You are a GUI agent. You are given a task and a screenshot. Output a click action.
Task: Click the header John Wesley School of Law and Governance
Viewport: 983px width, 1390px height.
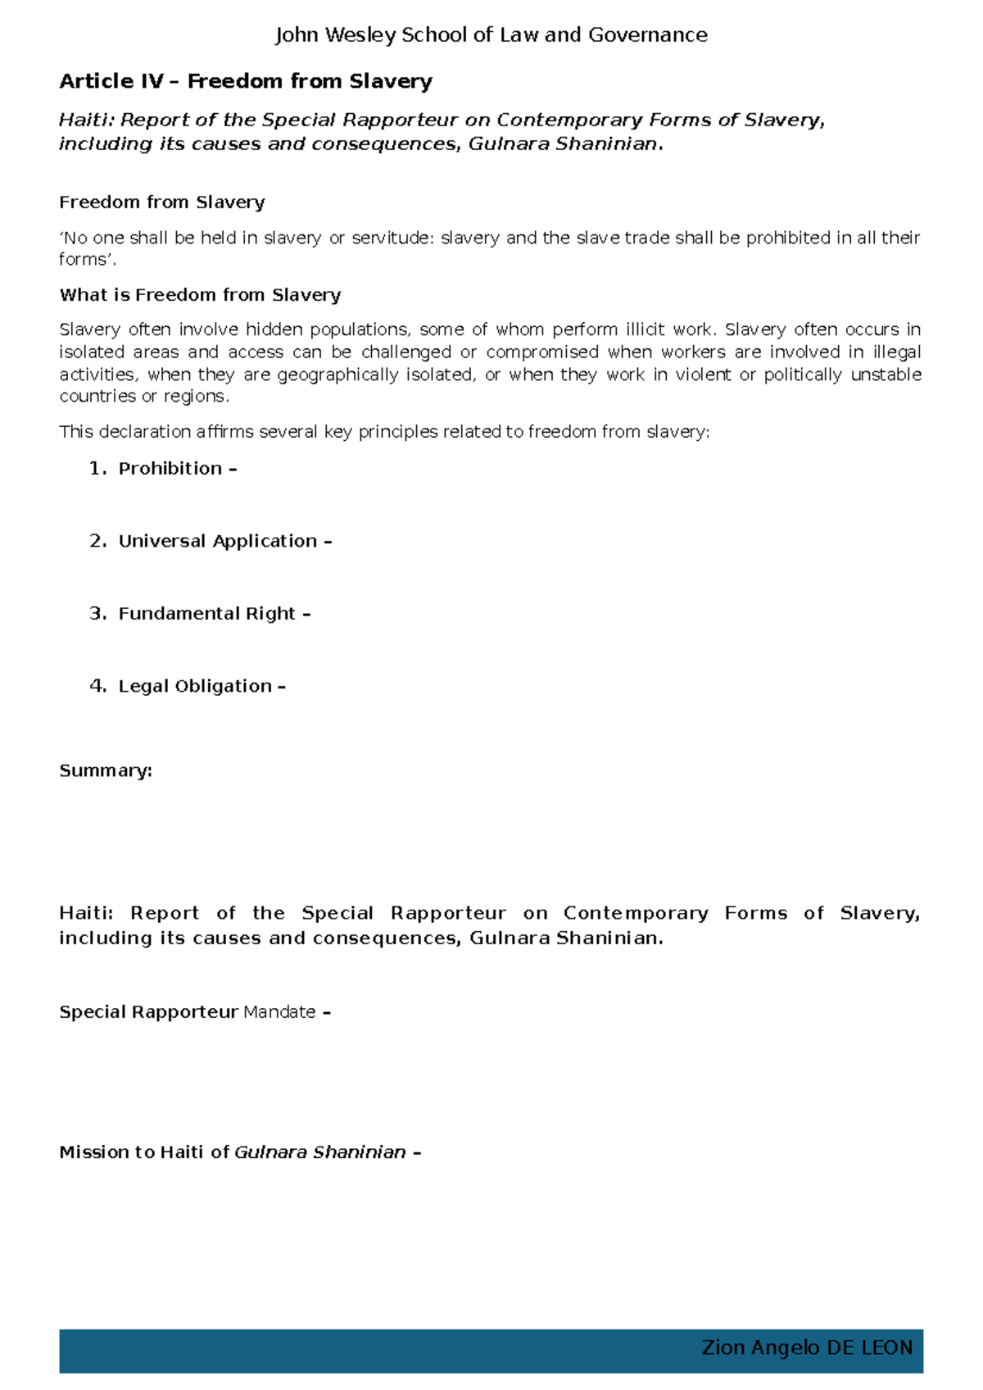491,35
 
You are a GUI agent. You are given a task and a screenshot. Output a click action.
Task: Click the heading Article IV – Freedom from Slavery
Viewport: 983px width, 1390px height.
246,81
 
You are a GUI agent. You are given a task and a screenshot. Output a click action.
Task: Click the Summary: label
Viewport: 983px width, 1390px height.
106,771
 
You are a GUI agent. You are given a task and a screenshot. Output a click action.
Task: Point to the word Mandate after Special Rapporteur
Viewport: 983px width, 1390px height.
279,1012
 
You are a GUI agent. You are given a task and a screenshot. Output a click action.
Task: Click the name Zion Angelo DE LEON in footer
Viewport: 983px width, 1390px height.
806,1348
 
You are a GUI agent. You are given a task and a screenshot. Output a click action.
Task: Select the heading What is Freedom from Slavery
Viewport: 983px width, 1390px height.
200,295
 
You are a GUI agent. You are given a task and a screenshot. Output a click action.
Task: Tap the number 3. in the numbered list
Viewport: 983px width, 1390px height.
97,614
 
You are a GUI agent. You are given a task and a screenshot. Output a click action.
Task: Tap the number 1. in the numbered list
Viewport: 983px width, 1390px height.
97,469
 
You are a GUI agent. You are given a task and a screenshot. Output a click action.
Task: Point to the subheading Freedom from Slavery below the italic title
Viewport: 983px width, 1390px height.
161,202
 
